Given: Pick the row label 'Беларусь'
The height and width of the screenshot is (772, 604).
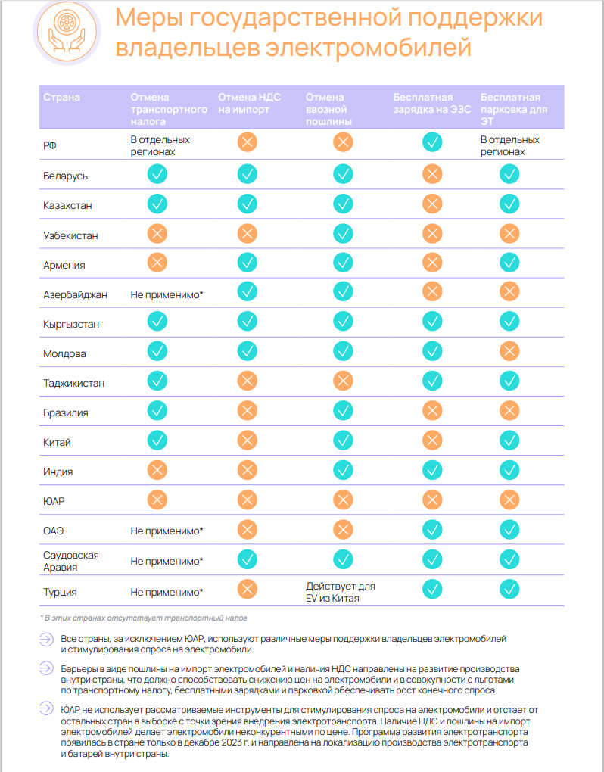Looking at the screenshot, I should coord(66,176).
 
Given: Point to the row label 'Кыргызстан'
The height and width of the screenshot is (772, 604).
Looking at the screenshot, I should coord(72,324).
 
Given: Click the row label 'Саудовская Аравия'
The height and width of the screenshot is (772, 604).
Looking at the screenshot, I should coord(71,561).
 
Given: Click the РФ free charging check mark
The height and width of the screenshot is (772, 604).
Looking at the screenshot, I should coord(432,141).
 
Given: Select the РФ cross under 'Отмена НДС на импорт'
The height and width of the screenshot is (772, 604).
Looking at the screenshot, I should coord(248,141).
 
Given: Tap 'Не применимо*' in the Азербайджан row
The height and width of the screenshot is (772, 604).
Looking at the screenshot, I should coord(167,294).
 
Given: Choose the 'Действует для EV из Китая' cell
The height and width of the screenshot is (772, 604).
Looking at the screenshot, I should coord(341,592).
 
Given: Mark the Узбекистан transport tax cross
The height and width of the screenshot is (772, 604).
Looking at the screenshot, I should coord(157,234).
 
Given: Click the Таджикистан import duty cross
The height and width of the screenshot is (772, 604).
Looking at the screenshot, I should coord(344,381).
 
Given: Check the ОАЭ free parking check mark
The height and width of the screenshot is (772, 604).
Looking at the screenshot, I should coord(509,529).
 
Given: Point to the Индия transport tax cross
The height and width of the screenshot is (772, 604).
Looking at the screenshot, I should coord(157,470).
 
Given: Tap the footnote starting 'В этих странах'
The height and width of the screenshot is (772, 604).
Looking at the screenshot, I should coord(143,618).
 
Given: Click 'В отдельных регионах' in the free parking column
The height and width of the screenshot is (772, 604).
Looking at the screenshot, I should coord(510,145).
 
